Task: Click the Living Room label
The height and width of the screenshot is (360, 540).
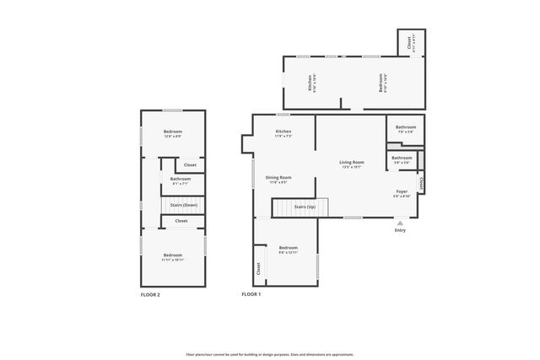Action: click(352, 162)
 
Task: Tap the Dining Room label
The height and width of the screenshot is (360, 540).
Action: click(278, 178)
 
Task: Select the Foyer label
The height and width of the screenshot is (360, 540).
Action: click(402, 192)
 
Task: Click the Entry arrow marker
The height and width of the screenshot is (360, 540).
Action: click(400, 223)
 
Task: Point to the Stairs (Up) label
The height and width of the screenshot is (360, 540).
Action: click(305, 206)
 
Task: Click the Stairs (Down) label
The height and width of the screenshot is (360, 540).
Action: click(184, 205)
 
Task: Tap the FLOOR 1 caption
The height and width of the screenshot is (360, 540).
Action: click(251, 294)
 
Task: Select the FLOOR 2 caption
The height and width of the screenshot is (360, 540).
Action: click(150, 294)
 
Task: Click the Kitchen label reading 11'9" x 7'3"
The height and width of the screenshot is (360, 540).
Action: click(283, 132)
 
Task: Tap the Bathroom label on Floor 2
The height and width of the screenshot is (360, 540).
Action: click(181, 179)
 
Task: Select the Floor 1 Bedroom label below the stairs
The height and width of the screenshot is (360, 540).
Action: click(289, 248)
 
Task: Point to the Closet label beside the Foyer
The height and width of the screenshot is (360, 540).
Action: click(421, 180)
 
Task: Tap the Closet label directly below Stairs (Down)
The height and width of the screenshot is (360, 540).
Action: click(181, 221)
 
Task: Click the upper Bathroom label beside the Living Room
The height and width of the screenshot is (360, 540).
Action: click(406, 127)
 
